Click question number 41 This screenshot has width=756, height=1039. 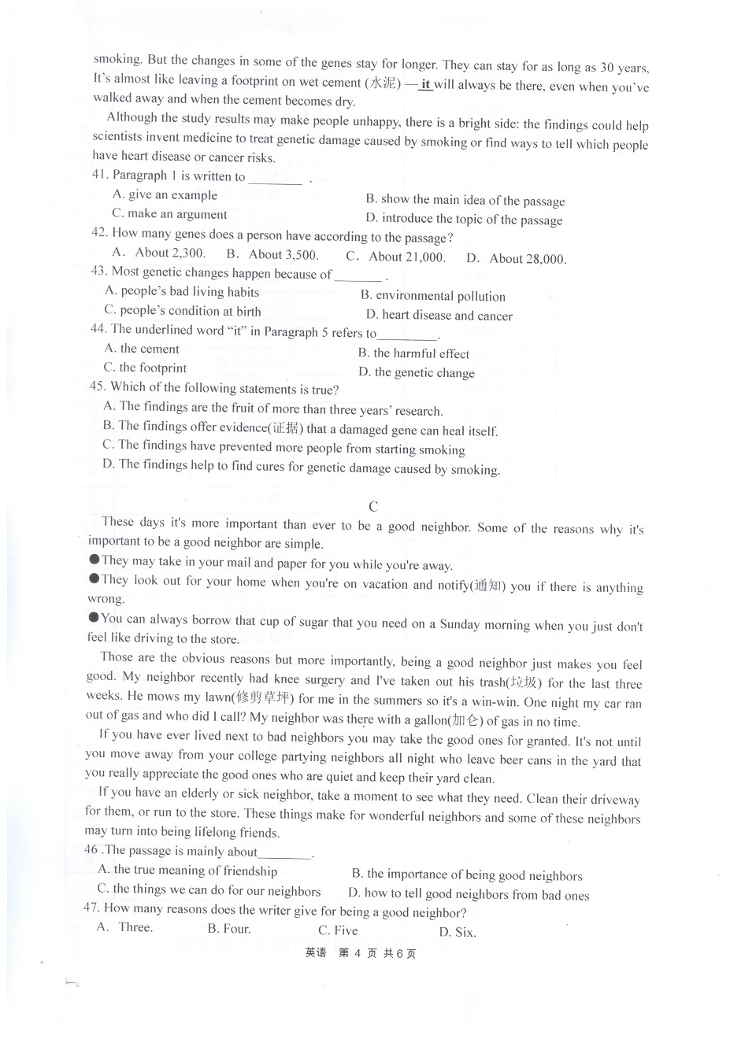tap(99, 175)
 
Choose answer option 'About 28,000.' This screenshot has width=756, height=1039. tap(527, 258)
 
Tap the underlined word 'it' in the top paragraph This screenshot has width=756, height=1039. tap(426, 84)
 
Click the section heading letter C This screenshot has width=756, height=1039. tap(373, 506)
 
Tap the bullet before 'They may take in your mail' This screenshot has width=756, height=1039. tap(94, 560)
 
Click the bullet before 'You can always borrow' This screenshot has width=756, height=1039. tap(94, 618)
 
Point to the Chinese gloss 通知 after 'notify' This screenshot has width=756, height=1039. tap(488, 586)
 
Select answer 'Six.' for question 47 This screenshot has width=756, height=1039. tap(465, 932)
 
